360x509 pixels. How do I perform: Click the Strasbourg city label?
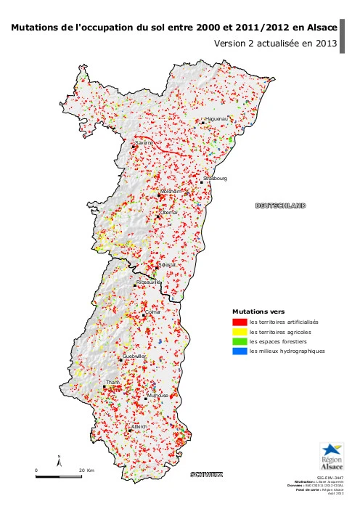coord(217,178)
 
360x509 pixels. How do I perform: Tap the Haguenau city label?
coord(217,118)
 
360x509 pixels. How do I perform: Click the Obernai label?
coord(169,212)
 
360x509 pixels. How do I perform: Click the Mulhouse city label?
coord(157,396)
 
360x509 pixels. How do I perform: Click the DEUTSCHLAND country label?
coord(280,205)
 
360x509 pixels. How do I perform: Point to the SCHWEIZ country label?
coord(206,475)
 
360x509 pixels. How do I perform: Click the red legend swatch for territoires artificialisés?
coord(239,321)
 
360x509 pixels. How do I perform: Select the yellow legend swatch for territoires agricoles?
coord(239,331)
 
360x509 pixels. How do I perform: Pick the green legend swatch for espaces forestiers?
coord(239,341)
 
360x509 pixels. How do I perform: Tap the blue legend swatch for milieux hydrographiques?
coord(239,351)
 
